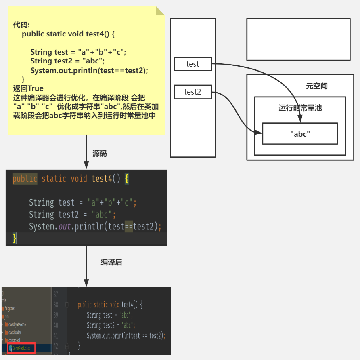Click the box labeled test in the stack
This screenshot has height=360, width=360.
pos(193,64)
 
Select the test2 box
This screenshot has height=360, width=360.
pos(193,92)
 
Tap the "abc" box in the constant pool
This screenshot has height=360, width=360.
pos(300,134)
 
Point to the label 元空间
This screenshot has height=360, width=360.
pos(316,86)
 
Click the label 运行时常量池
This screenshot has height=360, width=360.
pos(300,108)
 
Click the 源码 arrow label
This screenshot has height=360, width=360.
pos(100,154)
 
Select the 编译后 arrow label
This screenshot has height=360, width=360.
pos(111,262)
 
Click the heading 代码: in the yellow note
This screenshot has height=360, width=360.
pos(24,25)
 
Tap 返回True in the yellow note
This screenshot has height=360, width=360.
pos(28,88)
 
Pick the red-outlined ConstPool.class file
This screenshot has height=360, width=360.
pos(21,348)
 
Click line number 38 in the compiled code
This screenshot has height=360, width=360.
pos(56,305)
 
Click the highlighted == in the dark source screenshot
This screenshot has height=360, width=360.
pos(128,226)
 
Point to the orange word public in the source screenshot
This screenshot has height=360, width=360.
pos(25,179)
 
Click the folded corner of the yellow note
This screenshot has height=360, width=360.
pos(160,11)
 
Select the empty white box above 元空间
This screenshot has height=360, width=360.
pos(298,39)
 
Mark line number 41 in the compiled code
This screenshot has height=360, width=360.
pos(56,335)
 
